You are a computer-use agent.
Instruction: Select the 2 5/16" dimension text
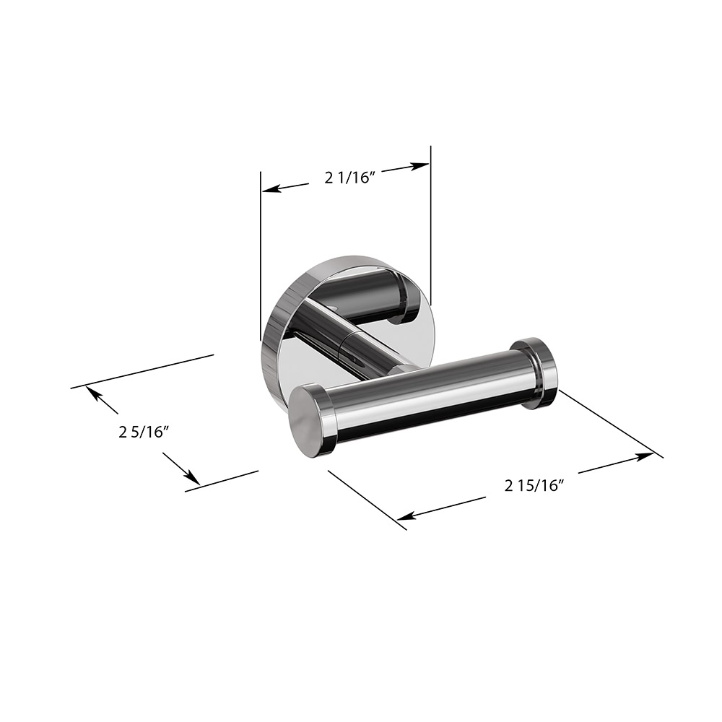[144, 432]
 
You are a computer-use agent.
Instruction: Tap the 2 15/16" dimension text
[534, 485]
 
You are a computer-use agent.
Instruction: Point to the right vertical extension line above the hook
[430, 217]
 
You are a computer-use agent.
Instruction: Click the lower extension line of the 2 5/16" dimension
[222, 481]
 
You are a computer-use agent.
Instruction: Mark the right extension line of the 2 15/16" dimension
[610, 423]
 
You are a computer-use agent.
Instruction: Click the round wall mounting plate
[278, 339]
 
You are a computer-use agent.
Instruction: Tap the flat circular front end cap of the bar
[301, 419]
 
